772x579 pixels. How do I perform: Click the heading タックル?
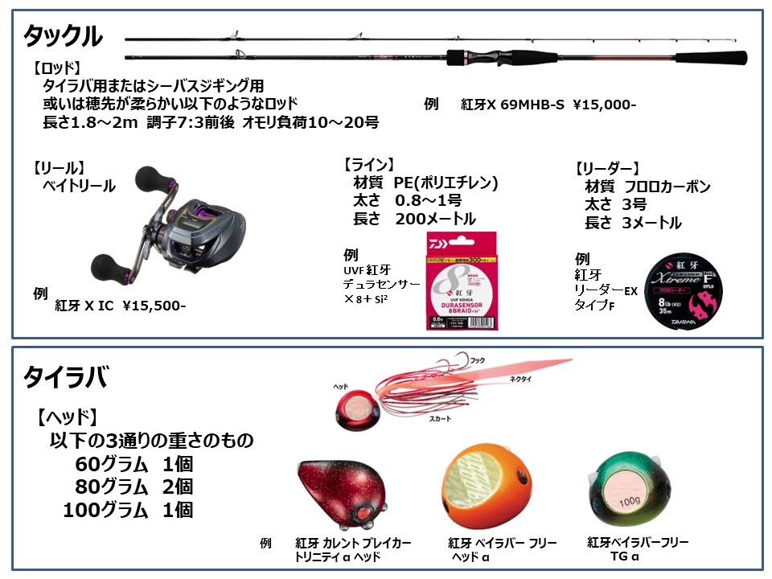[x=63, y=36]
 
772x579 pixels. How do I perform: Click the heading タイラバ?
[x=64, y=376]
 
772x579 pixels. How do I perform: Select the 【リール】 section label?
[x=58, y=169]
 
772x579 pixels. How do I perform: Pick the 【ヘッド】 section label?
[x=67, y=417]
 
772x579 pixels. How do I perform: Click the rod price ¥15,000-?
[x=604, y=105]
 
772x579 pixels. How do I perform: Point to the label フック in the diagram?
[x=478, y=360]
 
